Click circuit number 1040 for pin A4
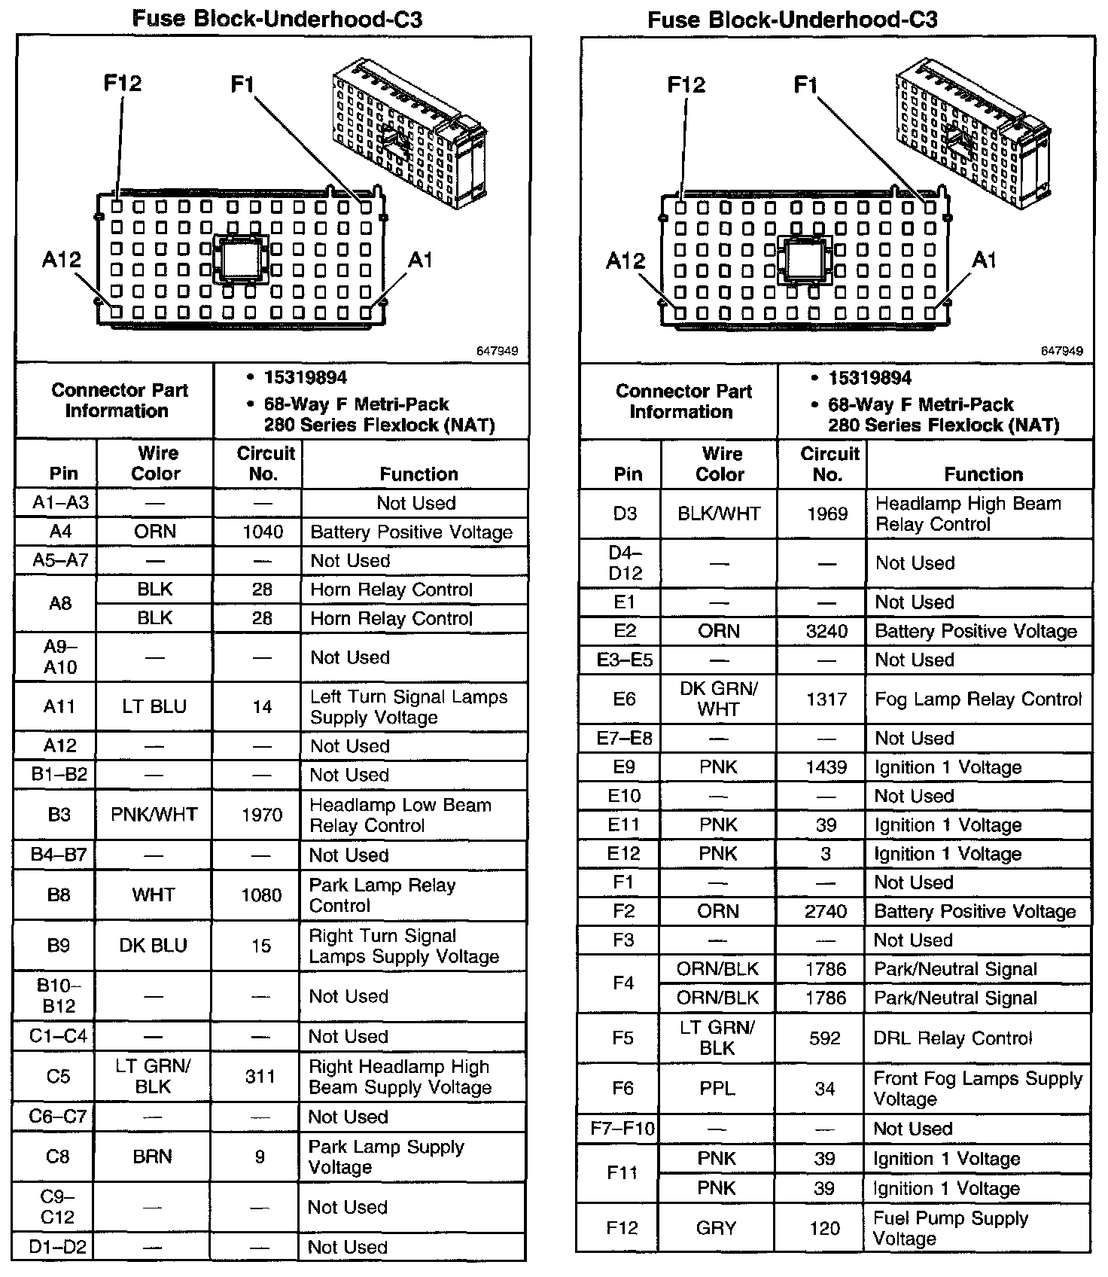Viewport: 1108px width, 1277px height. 263,532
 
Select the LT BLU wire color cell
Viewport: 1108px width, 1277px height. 154,707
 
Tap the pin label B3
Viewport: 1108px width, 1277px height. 59,815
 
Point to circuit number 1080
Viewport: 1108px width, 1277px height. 261,895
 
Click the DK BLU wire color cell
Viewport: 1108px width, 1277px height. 154,946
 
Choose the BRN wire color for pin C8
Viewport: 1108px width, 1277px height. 153,1157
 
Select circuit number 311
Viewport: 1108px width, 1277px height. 260,1077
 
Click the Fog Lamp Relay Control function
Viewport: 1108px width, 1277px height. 978,699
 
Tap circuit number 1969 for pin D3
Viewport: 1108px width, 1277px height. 827,514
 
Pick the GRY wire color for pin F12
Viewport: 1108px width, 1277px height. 717,1228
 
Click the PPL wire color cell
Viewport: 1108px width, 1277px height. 717,1089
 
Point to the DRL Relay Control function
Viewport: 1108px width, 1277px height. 953,1038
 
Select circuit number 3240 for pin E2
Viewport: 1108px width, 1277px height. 826,632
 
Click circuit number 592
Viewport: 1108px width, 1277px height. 825,1038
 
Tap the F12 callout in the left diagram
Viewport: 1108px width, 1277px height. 123,83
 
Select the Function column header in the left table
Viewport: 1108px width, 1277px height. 419,474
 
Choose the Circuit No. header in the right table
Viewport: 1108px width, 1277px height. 829,464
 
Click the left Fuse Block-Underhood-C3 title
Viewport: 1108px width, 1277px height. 277,18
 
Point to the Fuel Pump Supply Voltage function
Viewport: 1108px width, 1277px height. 951,1228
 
